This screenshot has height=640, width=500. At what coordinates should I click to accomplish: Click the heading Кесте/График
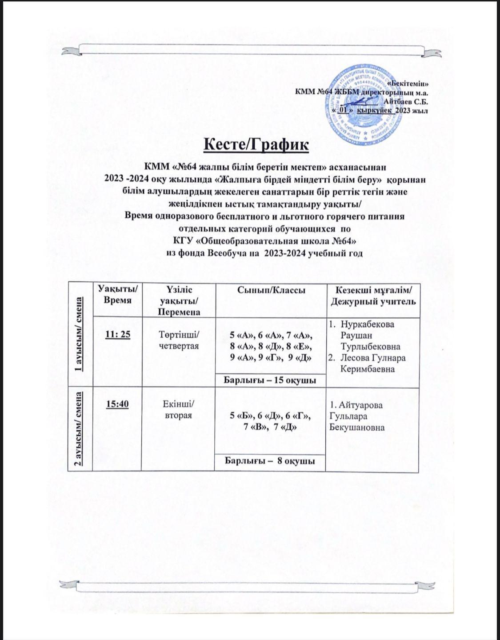[x=255, y=145]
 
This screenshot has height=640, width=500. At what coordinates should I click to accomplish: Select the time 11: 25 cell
[x=117, y=334]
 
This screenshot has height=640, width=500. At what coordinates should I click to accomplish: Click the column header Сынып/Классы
[x=271, y=291]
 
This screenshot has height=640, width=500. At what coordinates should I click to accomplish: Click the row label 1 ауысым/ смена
[x=80, y=334]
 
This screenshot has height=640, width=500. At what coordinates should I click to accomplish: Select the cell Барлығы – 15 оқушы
[x=270, y=381]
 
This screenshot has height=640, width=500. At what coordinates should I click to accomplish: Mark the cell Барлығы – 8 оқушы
[x=270, y=461]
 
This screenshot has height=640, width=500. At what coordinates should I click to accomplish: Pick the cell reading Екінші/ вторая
[x=178, y=409]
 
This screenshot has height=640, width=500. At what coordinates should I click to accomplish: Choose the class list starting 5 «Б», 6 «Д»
[x=270, y=421]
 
